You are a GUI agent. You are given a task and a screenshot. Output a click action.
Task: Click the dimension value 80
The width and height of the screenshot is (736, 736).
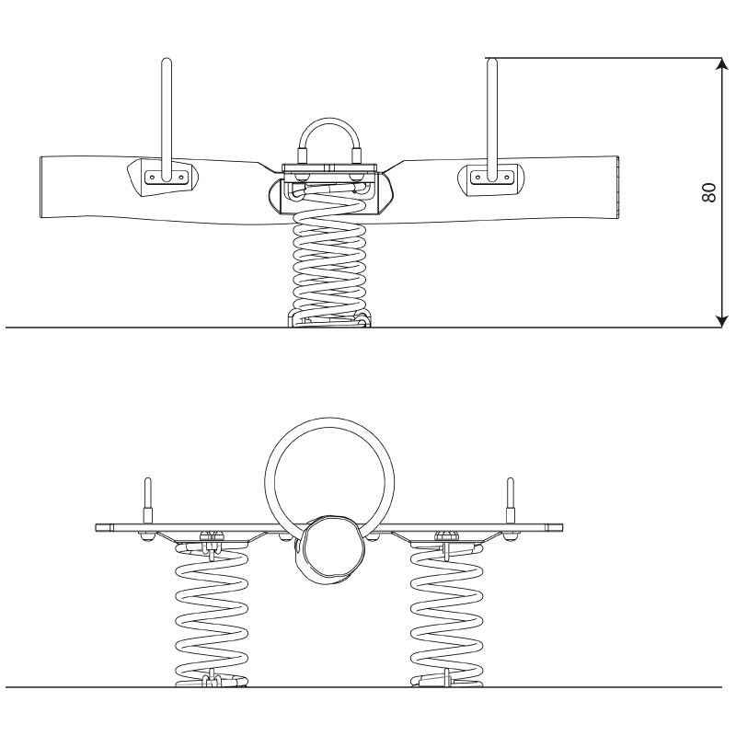[x=708, y=192]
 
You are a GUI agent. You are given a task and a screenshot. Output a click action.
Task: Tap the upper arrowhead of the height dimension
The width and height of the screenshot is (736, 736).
[x=721, y=64]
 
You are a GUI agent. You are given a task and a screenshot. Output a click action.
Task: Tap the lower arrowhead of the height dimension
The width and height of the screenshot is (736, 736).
[x=721, y=320]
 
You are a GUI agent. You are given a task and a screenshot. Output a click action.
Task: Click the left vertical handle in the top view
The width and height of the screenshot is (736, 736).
[x=167, y=120]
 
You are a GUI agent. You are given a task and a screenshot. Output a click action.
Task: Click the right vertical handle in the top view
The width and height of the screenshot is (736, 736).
[x=492, y=120]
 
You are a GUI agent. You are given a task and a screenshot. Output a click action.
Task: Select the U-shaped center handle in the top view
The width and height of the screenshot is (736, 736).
[x=329, y=140]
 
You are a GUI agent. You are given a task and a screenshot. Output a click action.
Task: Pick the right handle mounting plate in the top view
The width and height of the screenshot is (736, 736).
[x=491, y=178]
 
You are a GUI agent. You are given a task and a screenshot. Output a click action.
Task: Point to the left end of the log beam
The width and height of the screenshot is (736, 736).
[x=41, y=187]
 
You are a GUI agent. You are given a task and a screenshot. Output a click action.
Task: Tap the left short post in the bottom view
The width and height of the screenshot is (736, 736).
[x=148, y=500]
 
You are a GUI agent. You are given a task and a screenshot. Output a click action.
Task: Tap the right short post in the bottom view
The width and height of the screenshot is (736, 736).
[x=511, y=500]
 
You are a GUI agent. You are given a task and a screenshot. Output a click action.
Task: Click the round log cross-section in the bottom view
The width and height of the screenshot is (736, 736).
[x=329, y=548]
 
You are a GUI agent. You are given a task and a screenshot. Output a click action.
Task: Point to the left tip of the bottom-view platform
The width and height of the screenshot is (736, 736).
[x=96, y=527]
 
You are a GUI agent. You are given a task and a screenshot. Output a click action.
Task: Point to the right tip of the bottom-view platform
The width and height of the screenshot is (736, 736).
[x=562, y=527]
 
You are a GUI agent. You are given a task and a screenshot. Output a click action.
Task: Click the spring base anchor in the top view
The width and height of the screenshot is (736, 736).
[x=329, y=319]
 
